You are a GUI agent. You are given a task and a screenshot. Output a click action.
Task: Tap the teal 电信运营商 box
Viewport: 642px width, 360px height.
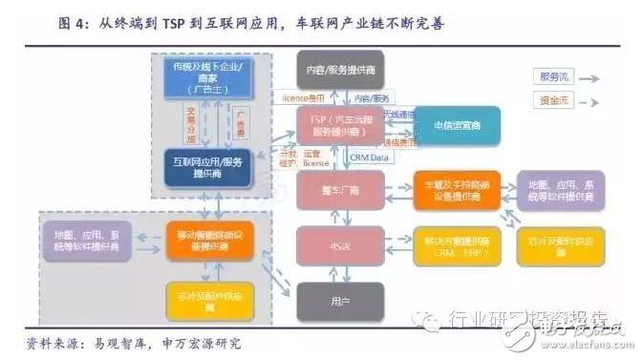[456, 126]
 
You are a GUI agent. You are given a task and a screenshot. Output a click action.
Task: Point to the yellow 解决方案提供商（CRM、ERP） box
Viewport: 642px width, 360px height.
[456, 247]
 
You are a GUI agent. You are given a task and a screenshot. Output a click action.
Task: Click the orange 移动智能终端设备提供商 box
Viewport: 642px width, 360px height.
[209, 241]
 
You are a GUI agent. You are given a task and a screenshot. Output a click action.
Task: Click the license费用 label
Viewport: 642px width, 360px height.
[305, 98]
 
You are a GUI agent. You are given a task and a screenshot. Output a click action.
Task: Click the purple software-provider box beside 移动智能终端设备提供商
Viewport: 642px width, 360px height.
[88, 241]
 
